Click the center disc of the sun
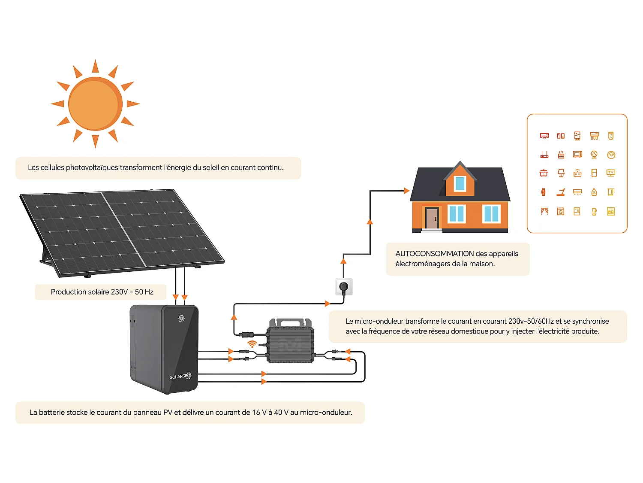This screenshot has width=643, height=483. pos(95,104)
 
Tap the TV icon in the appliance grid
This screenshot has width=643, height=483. pos(611,173)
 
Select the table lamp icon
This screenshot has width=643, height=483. pos(561,173)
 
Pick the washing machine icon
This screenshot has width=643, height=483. pos(561,211)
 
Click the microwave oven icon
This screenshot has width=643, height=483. pos(577,155)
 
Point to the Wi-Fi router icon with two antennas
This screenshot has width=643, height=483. pos(544,155)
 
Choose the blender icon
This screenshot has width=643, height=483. pos(594,211)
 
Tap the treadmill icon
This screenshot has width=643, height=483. pos(561,192)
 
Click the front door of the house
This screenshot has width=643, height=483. pos(432,218)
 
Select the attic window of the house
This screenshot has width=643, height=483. pos(460,183)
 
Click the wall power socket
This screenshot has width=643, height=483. pos(344,286)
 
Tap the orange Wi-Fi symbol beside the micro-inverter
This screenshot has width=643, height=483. pos(252,344)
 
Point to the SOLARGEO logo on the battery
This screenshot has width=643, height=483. pos(180,377)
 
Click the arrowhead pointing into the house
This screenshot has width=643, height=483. pos(406,191)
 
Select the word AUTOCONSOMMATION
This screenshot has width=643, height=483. pos(434,254)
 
